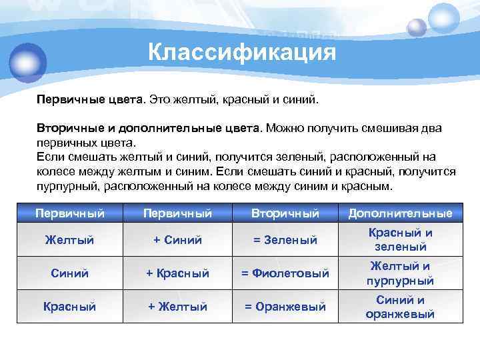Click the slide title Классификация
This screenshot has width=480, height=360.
pos(241,51)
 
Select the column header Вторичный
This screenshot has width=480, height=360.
pos(285,213)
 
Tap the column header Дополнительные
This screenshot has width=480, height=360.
pos(400,213)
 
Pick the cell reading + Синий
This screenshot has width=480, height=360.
pos(177,239)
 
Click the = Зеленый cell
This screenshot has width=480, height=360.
pos(285,239)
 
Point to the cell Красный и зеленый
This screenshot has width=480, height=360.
pos(400,239)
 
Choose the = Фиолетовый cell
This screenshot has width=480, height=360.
pos(285,273)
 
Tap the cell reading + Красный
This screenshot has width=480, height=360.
pos(177,273)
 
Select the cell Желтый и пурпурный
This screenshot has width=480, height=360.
pos(400,273)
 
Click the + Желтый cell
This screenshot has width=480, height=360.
pos(177,307)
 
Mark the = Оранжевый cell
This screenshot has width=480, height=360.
pos(285,307)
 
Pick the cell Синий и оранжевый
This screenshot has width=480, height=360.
pos(400,307)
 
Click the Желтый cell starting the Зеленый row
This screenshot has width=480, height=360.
pos(69,239)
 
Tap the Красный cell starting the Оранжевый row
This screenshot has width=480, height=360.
pos(69,307)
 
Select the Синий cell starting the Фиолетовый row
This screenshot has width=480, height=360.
pos(69,273)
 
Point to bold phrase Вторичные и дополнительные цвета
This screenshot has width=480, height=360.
pos(149,127)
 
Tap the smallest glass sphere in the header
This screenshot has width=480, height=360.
pos(417,27)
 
